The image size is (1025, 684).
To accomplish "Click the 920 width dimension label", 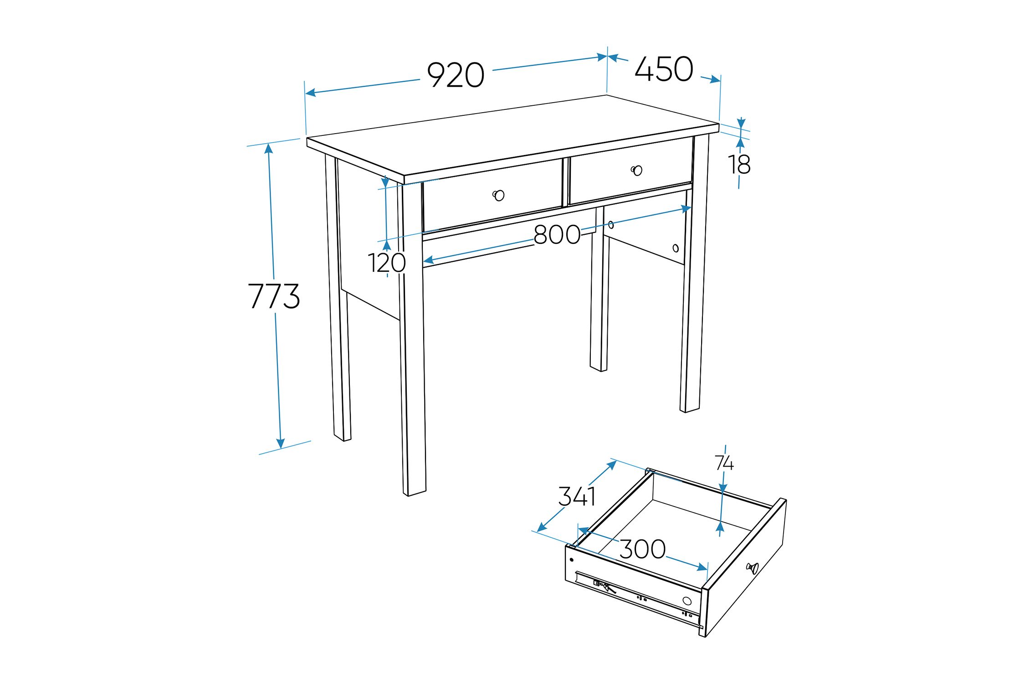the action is (x=456, y=75).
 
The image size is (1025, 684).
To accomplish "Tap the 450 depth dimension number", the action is (x=664, y=69).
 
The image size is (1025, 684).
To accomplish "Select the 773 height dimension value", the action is (x=274, y=296).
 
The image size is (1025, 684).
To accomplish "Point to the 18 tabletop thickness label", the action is (x=739, y=165).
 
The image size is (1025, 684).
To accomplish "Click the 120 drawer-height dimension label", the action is (x=387, y=263).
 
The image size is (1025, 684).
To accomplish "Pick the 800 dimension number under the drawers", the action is (x=557, y=235).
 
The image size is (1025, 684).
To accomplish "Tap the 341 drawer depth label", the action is (x=577, y=496).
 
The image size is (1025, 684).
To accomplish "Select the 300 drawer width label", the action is (x=643, y=549).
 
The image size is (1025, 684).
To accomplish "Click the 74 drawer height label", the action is (x=724, y=463).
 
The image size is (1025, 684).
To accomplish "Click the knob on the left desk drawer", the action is (x=499, y=195).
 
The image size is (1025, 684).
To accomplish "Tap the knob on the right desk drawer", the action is (x=637, y=170).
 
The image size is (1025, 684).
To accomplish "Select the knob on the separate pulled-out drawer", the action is (x=753, y=568).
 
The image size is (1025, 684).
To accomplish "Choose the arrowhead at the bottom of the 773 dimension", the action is (x=280, y=443).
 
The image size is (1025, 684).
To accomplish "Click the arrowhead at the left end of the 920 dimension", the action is (x=311, y=93).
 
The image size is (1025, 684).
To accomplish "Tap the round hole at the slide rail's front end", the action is (x=687, y=601).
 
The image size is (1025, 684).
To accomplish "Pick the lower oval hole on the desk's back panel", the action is (x=676, y=249).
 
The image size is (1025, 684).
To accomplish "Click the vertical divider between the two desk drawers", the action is (x=566, y=181).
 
